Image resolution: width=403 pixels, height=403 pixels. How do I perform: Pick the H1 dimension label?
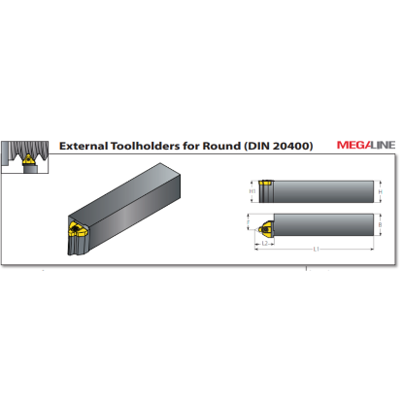tap(252, 191)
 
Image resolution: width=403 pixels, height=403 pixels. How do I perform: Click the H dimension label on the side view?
tap(381, 191)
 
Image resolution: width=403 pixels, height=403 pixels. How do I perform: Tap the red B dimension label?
tap(381, 225)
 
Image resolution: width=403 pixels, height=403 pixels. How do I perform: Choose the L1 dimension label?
tap(317, 250)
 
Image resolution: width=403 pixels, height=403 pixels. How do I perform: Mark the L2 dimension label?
tap(265, 243)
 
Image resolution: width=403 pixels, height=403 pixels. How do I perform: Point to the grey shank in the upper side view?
tap(320, 190)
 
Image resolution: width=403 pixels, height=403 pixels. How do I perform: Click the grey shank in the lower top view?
tap(320, 225)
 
